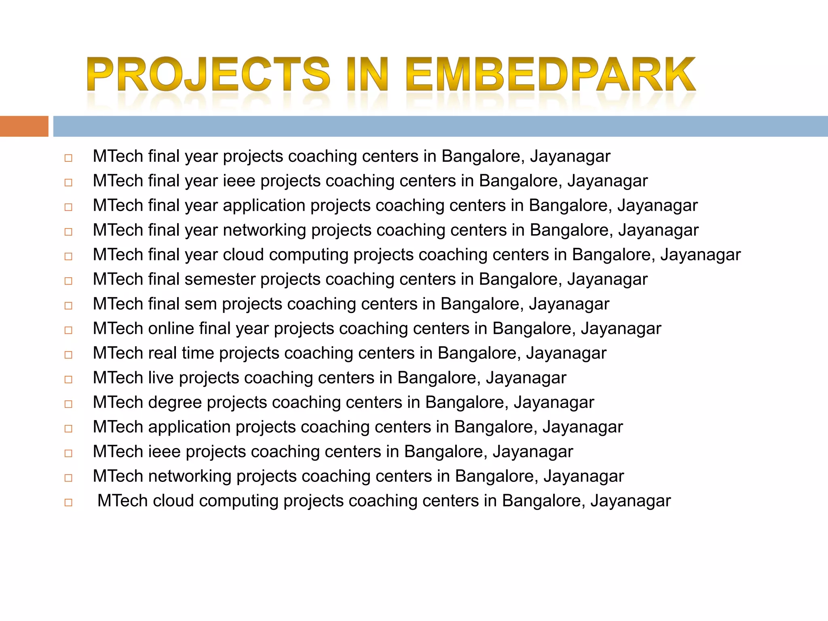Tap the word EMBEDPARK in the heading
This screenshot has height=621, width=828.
click(550, 75)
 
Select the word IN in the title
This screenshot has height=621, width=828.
click(367, 75)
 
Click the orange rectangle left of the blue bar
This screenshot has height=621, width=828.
click(24, 126)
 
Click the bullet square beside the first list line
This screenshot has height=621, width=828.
click(68, 158)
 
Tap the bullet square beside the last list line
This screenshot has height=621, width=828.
click(68, 503)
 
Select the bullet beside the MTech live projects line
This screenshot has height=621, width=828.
click(68, 380)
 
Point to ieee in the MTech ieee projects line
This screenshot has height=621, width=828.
click(164, 452)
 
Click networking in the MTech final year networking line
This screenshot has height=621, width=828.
click(264, 230)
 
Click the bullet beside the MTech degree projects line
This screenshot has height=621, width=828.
click(68, 404)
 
